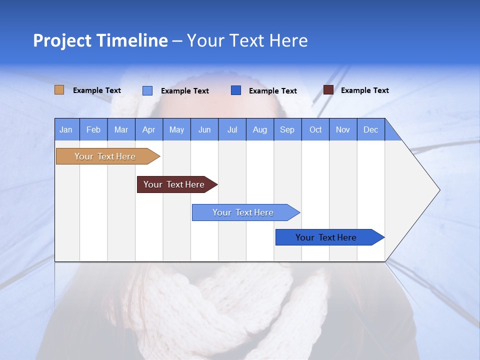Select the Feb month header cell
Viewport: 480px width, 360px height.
(93, 129)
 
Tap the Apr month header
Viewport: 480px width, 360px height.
(149, 129)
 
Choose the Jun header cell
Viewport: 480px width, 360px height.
(204, 129)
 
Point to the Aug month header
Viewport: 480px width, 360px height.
(260, 129)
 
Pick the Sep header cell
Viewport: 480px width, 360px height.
(287, 129)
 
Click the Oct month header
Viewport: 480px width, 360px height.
(315, 129)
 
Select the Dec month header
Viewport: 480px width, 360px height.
(371, 129)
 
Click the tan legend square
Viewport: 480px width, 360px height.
(59, 90)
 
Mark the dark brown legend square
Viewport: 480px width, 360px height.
(328, 90)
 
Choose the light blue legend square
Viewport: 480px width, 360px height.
(147, 90)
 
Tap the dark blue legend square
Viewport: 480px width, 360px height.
(236, 90)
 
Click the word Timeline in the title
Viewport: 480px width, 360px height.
(132, 40)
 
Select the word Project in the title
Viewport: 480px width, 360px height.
(62, 40)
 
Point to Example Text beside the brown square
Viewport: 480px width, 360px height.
(365, 90)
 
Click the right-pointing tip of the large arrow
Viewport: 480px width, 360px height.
(437, 190)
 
